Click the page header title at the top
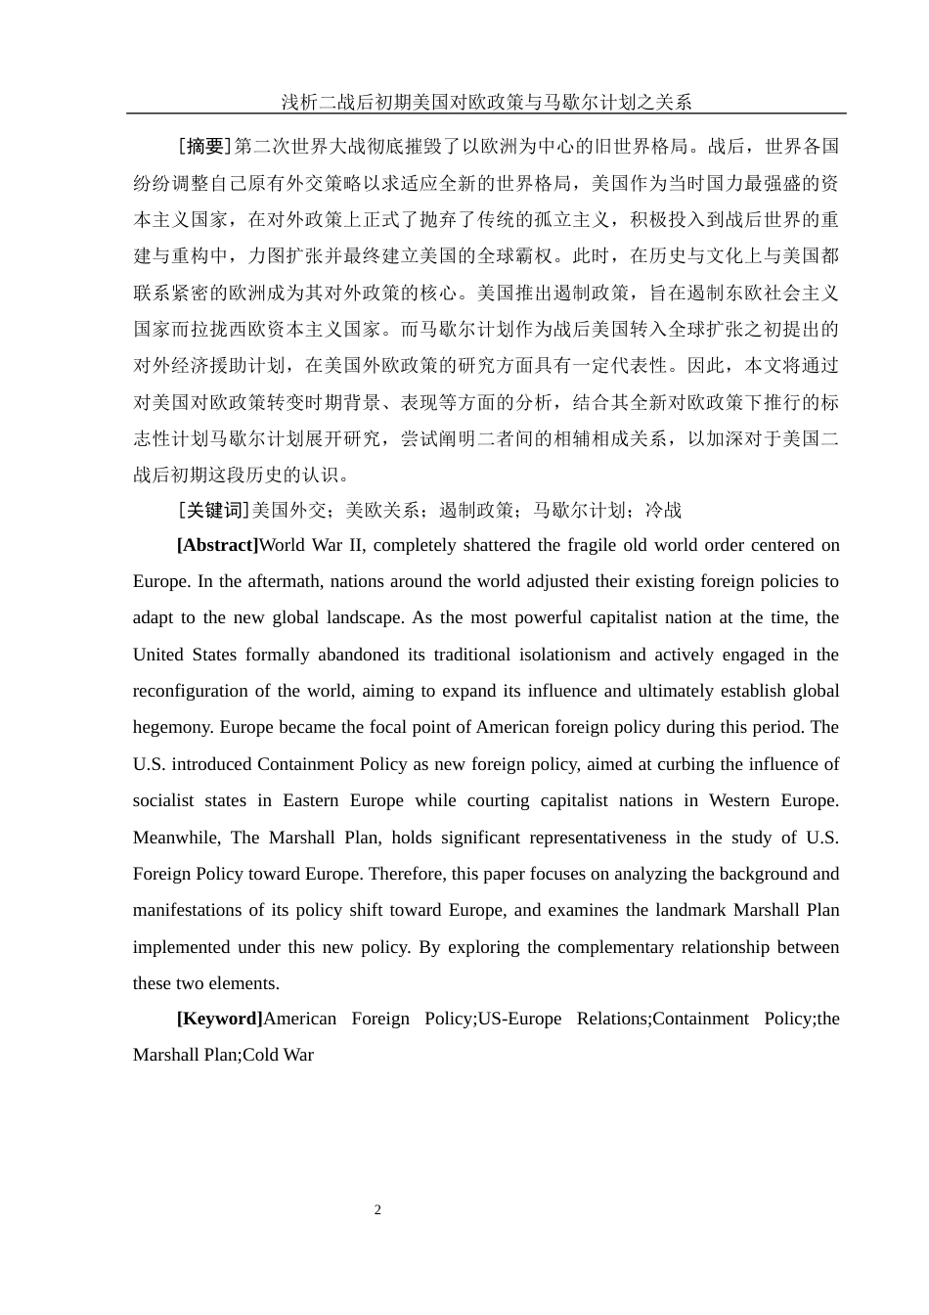pyautogui.click(x=486, y=102)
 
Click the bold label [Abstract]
pyautogui.click(x=217, y=545)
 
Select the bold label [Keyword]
pyautogui.click(x=219, y=1019)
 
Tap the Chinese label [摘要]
pyautogui.click(x=204, y=147)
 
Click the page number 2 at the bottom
pyautogui.click(x=377, y=1210)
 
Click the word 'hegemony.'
pyautogui.click(x=172, y=727)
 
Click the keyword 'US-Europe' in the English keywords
pyautogui.click(x=519, y=1019)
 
